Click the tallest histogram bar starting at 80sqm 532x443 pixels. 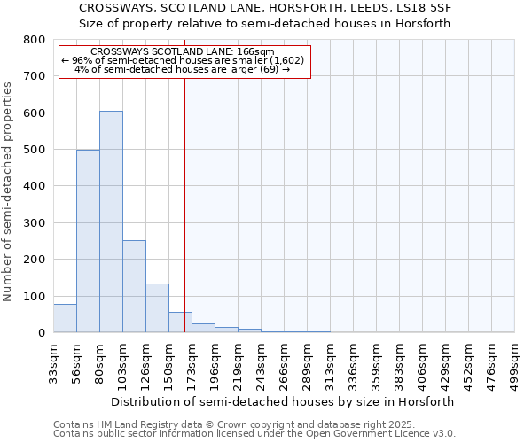[x=111, y=221]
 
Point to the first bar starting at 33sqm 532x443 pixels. [x=65, y=318]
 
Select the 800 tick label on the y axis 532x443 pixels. [x=34, y=40]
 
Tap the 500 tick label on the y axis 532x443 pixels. [x=34, y=150]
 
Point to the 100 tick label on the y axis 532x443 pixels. [x=34, y=296]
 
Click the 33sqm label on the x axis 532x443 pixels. [x=53, y=361]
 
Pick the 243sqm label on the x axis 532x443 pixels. [x=261, y=361]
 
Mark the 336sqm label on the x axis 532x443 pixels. [x=353, y=361]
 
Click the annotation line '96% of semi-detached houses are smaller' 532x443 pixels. [x=184, y=60]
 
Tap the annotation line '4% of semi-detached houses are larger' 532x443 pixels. [x=182, y=69]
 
